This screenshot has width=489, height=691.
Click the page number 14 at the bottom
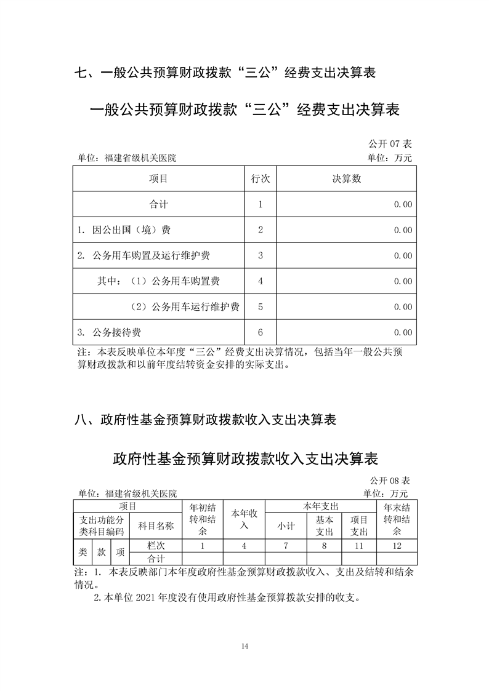(x=245, y=645)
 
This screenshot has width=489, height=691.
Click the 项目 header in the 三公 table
(x=158, y=179)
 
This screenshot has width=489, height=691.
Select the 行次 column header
(x=261, y=179)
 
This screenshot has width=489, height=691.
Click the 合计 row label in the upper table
(x=158, y=205)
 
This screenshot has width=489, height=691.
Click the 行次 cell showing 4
(x=261, y=281)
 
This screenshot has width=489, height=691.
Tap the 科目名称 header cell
(x=156, y=525)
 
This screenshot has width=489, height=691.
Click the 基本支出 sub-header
(x=324, y=526)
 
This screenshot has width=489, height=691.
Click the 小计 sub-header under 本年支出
(x=286, y=526)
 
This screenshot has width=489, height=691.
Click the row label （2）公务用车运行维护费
(x=185, y=307)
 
